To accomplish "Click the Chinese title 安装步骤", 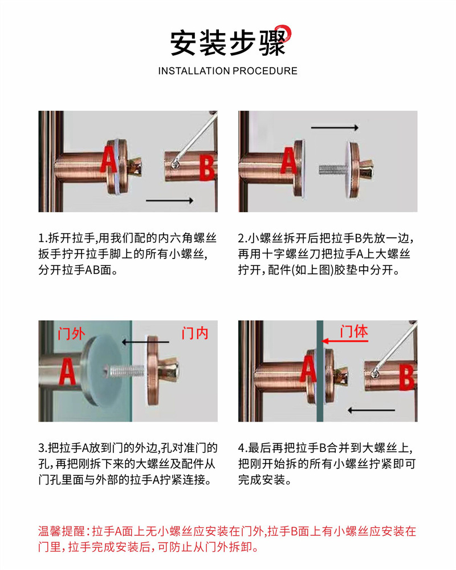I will [x=228, y=43].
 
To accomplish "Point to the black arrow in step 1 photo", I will [x=170, y=200].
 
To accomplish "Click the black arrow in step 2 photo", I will [x=335, y=128].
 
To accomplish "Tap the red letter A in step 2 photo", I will [x=290, y=160].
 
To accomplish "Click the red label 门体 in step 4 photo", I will [x=354, y=332].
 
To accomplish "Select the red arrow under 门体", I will [x=346, y=341].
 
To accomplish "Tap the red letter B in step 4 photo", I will [x=405, y=378].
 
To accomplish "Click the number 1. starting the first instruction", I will [x=42, y=237].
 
